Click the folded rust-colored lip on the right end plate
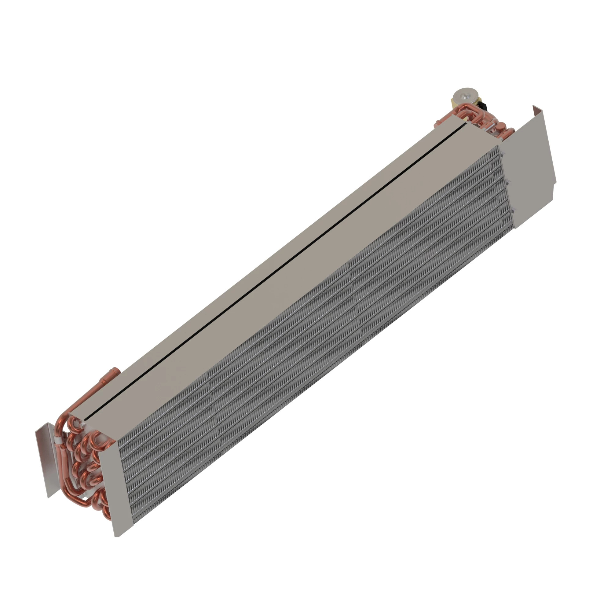(x=536, y=111)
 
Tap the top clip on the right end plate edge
(x=502, y=154)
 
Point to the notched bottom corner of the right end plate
(x=554, y=187)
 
